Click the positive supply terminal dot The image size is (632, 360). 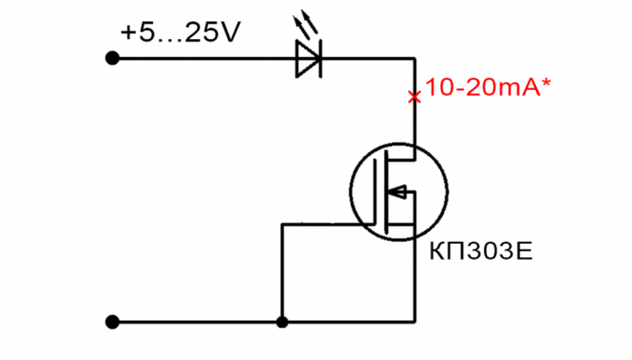coord(112,58)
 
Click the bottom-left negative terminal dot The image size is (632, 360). coord(112,322)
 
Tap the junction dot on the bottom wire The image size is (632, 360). coord(282,322)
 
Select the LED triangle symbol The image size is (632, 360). coord(308,59)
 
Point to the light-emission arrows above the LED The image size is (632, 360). coord(306,25)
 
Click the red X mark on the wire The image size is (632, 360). coord(414,97)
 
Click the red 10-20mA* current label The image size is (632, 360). coord(488,87)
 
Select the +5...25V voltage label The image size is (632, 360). coord(180,32)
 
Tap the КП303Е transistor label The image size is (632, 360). coord(481,251)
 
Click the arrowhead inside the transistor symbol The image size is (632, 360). coord(397,192)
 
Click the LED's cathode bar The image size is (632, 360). coord(320,59)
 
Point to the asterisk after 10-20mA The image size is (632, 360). coord(546,82)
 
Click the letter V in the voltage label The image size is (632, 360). coord(230,32)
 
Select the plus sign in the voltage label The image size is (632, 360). coord(129,32)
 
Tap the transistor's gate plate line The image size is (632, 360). coord(375,192)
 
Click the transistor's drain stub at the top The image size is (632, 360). coord(401,160)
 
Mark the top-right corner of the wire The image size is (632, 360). coord(415,59)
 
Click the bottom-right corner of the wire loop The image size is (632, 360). coord(415,322)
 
